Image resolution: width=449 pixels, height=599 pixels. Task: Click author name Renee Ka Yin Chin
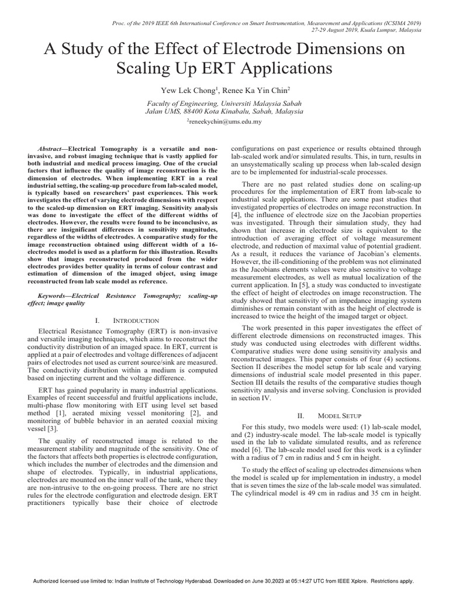(x=255, y=91)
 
